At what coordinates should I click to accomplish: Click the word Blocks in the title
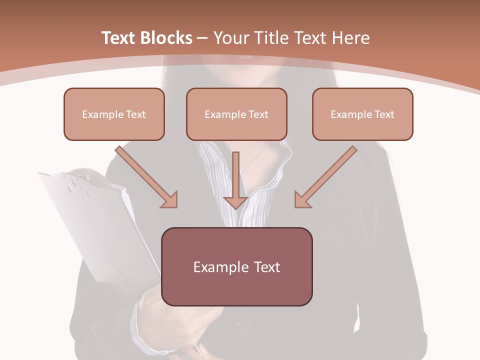(x=165, y=38)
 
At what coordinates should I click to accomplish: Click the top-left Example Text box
(x=114, y=114)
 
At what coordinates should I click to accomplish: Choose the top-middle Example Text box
(x=236, y=114)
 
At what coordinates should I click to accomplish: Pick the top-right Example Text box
(x=362, y=114)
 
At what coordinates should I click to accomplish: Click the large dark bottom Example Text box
(x=236, y=266)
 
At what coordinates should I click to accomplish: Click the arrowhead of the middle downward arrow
(x=236, y=202)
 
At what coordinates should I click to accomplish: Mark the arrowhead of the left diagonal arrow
(x=170, y=200)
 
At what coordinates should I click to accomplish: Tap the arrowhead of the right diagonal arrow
(x=302, y=200)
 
